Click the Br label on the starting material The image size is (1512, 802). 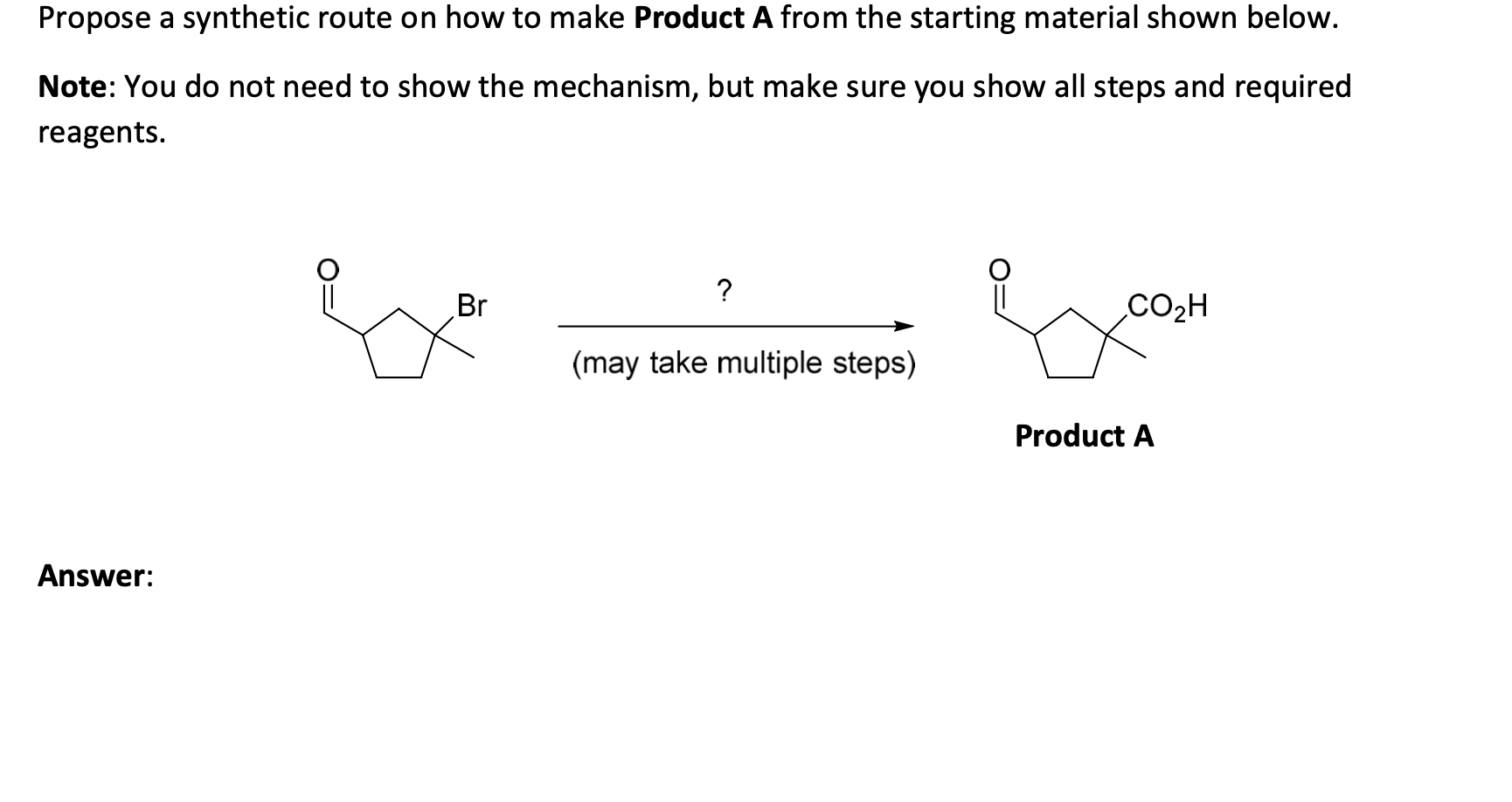click(472, 306)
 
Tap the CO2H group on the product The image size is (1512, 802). click(1168, 306)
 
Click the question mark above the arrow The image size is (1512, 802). click(724, 289)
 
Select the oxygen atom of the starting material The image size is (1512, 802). click(327, 267)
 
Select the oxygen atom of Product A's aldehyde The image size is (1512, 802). click(999, 267)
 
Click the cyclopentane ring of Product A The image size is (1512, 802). click(1072, 347)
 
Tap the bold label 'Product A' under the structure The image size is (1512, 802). click(1084, 435)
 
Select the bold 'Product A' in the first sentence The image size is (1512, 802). click(703, 18)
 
